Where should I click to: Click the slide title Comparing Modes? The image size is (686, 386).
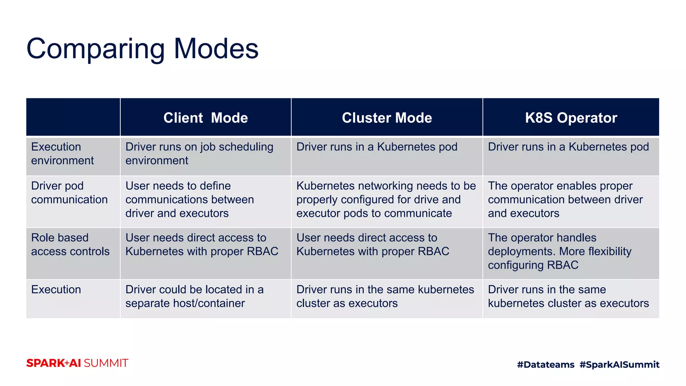click(x=142, y=49)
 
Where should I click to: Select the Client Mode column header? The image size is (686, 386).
click(x=205, y=118)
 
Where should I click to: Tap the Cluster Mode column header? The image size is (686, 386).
click(x=387, y=118)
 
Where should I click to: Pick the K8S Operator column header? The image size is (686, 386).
click(x=571, y=118)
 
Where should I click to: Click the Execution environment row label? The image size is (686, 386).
click(x=62, y=153)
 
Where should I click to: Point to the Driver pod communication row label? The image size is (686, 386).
click(x=69, y=193)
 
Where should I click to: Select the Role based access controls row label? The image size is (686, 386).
click(x=70, y=244)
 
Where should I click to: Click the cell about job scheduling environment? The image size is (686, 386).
click(x=199, y=153)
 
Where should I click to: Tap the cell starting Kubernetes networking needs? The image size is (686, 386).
click(x=386, y=199)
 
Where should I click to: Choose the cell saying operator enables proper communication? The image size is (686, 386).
click(x=565, y=199)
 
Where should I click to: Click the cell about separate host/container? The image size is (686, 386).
click(x=194, y=296)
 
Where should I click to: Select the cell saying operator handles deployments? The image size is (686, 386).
click(x=559, y=251)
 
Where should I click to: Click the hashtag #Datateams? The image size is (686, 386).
click(x=545, y=365)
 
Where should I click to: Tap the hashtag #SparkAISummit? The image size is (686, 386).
click(x=619, y=365)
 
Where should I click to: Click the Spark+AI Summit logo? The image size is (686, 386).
click(x=77, y=363)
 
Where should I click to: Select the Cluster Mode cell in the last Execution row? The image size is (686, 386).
click(x=385, y=296)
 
